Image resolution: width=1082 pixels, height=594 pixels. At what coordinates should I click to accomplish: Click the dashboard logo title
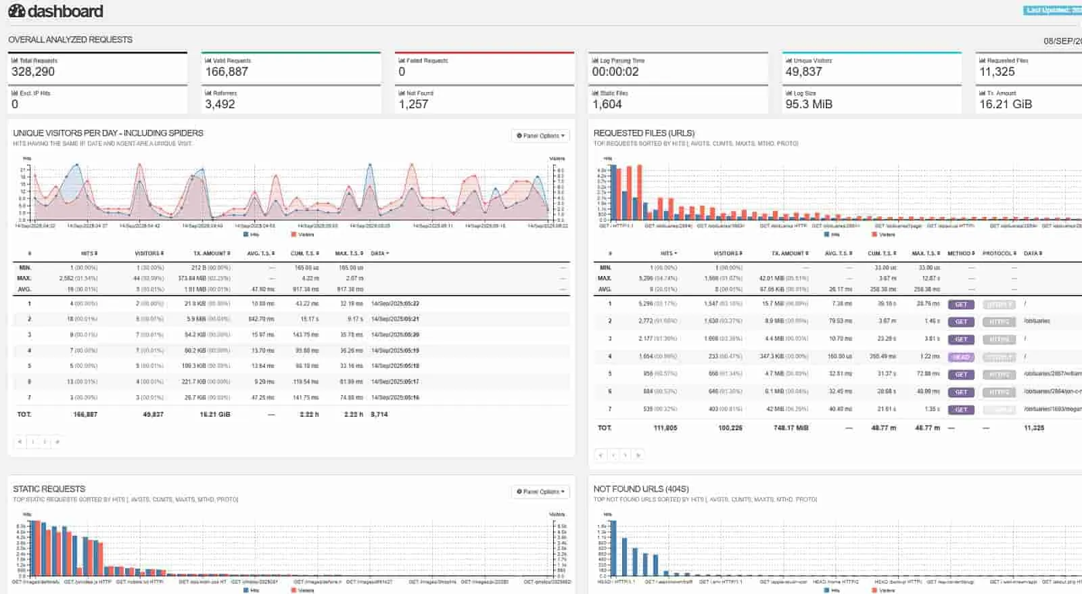click(x=55, y=12)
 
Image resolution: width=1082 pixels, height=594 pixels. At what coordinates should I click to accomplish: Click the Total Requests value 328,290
click(x=33, y=72)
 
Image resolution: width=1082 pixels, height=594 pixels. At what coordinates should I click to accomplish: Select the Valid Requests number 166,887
click(x=227, y=72)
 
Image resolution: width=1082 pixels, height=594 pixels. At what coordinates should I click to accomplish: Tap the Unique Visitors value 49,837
click(x=803, y=72)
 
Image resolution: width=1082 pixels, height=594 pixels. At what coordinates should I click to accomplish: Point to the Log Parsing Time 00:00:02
click(x=615, y=72)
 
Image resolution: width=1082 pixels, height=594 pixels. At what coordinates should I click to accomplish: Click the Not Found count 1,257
click(x=413, y=104)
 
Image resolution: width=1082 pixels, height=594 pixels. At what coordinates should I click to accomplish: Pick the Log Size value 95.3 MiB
click(x=808, y=104)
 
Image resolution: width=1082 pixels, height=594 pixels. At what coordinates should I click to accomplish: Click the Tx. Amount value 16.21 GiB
click(x=1005, y=104)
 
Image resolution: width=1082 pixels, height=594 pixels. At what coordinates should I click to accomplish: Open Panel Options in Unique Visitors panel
click(x=540, y=136)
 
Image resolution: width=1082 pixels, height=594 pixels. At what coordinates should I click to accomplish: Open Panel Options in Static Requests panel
click(x=540, y=492)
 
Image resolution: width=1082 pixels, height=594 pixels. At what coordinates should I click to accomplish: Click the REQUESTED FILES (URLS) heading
click(x=644, y=133)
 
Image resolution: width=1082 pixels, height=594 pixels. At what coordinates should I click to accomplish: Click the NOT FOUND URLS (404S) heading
click(x=640, y=489)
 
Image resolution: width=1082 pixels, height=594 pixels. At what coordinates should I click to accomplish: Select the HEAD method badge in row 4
click(x=961, y=357)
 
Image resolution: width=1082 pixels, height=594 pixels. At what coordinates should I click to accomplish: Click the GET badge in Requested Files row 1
click(x=961, y=304)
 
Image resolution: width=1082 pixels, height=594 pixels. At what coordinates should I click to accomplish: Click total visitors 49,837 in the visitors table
click(x=153, y=414)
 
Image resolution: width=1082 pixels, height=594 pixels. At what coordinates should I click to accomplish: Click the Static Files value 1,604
click(x=607, y=104)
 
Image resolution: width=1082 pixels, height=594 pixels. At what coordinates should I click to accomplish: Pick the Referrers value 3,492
click(x=220, y=104)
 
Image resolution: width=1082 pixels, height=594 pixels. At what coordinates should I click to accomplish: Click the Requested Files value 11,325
click(x=997, y=72)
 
